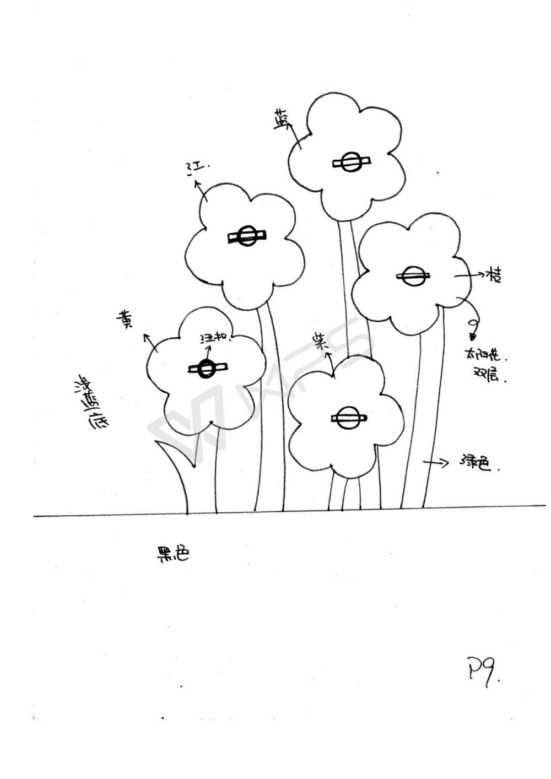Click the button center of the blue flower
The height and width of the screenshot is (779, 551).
350,163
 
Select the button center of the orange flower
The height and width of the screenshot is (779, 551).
413,277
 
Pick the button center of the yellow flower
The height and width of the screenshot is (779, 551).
207,369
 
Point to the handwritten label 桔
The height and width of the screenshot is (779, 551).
493,275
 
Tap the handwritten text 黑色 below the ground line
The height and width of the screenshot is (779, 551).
172,554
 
